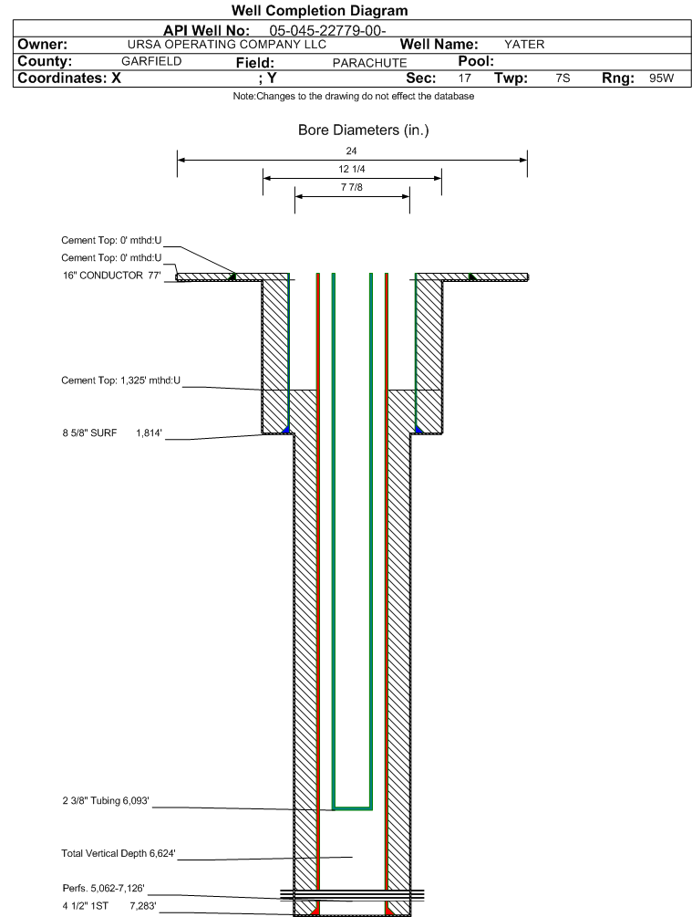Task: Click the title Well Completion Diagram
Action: [320, 11]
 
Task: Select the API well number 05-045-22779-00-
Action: [327, 30]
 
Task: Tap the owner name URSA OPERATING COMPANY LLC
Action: [227, 45]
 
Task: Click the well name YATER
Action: [524, 45]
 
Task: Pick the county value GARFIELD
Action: [151, 61]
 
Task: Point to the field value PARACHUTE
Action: [369, 63]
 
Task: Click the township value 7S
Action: [563, 78]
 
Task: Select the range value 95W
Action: [661, 78]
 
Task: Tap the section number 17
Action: [465, 78]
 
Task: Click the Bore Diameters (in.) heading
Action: [364, 130]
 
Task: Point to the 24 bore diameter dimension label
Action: [351, 151]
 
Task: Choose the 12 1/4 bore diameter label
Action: [352, 169]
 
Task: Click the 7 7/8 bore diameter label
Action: [352, 187]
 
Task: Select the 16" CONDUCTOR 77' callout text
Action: [111, 276]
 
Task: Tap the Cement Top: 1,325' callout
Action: [121, 380]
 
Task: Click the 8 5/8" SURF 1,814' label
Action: [112, 433]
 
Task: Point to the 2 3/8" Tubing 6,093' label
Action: [106, 800]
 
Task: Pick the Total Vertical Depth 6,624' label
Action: [118, 853]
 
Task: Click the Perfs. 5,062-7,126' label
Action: [103, 889]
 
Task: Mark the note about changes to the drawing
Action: [354, 96]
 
